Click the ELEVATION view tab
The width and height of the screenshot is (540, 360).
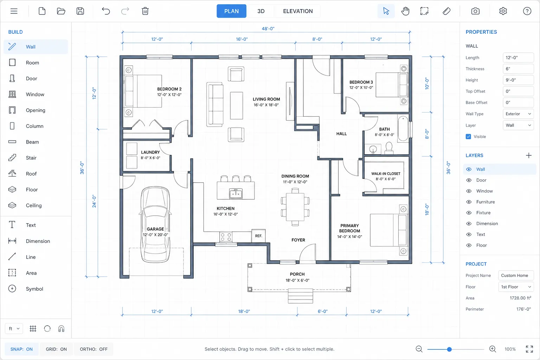[x=298, y=11]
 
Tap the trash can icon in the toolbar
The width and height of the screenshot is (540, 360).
[x=145, y=11]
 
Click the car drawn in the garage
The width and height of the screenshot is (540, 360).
[x=155, y=224]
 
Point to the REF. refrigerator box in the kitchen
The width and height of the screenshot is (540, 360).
[x=258, y=236]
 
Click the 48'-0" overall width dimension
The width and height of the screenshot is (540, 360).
[x=268, y=29]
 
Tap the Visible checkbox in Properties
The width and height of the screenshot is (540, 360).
[x=468, y=137]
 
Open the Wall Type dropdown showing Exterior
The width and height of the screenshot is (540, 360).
[x=518, y=114]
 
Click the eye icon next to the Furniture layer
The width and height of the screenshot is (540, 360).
[x=469, y=202]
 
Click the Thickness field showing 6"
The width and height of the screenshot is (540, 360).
[x=518, y=69]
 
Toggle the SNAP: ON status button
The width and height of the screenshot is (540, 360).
[x=21, y=349]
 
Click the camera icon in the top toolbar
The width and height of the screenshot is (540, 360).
[x=475, y=11]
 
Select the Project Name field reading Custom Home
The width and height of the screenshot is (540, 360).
[x=516, y=275]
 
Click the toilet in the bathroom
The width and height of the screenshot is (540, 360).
[x=389, y=148]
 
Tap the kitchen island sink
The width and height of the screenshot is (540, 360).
[x=236, y=193]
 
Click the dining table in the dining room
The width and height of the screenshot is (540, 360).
[x=295, y=207]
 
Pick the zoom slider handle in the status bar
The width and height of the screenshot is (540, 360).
[x=449, y=349]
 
